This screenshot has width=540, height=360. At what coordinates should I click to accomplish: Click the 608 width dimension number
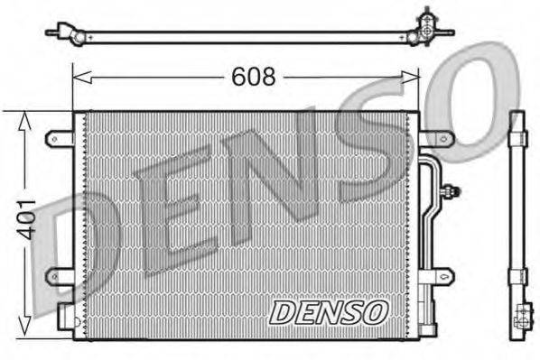pos(254,78)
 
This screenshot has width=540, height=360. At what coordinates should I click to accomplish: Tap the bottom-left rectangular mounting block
pos(65,316)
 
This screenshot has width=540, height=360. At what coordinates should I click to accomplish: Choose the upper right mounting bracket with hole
pos(436,138)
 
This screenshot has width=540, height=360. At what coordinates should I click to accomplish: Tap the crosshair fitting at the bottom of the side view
pos(521,318)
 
